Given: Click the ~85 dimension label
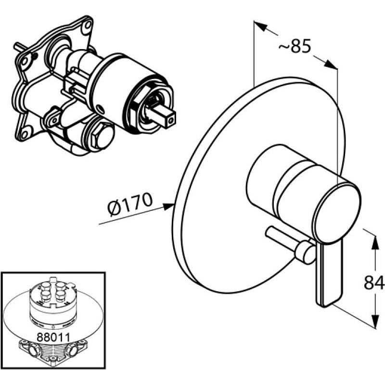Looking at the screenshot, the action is click(295, 46).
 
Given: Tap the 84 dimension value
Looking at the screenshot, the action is click(374, 282).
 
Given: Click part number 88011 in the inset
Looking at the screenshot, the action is click(53, 337).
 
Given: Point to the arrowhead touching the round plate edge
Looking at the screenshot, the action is click(169, 206).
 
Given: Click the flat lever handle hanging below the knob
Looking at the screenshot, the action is click(328, 272).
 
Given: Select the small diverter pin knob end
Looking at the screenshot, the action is click(306, 252).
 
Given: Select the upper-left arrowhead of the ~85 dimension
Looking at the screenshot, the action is click(260, 26).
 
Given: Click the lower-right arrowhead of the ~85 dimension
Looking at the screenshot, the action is click(331, 64).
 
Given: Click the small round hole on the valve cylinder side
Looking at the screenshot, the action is click(99, 107).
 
